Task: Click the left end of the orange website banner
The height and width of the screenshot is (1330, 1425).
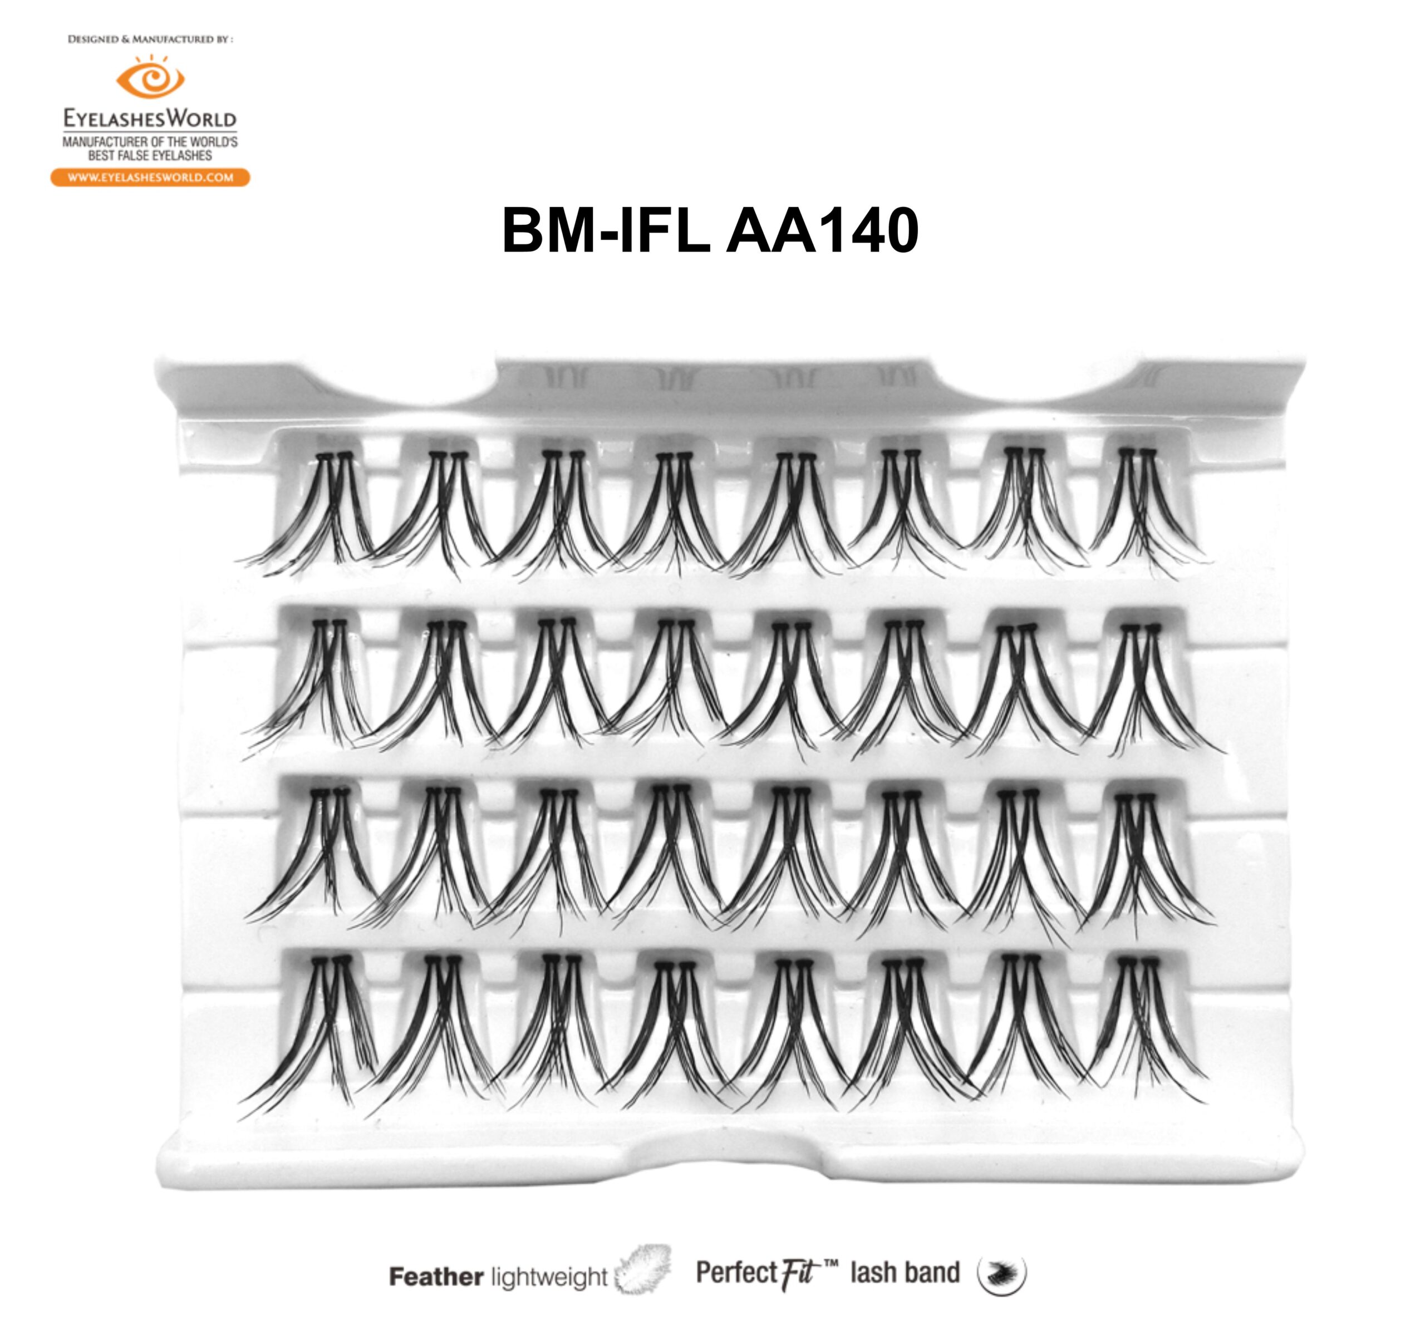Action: coord(52,178)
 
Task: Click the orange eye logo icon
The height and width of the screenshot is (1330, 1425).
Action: coord(150,77)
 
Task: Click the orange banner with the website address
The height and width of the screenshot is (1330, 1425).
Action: coord(150,178)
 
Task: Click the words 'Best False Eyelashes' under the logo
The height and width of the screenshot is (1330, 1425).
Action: coord(150,155)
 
